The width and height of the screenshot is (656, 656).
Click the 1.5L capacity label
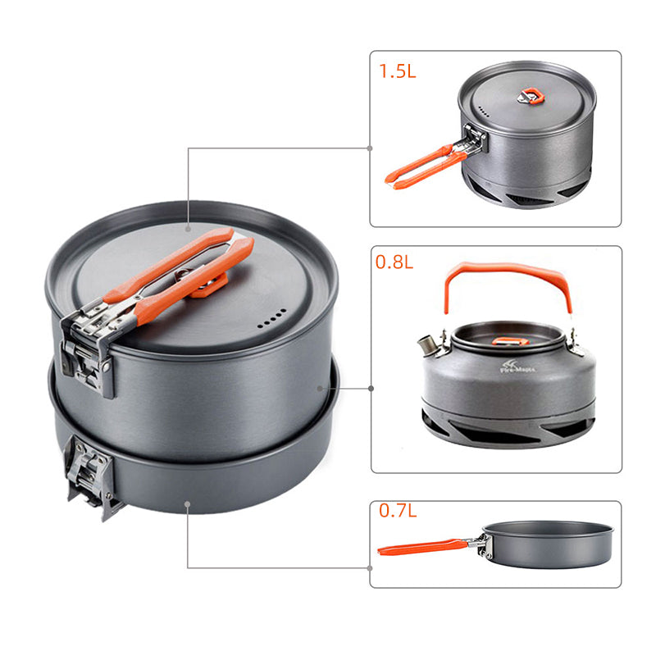pyautogui.click(x=398, y=71)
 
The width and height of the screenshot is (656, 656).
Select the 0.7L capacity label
pyautogui.click(x=397, y=510)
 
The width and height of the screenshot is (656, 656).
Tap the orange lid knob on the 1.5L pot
pyautogui.click(x=531, y=98)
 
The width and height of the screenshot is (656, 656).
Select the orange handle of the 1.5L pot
pyautogui.click(x=422, y=167)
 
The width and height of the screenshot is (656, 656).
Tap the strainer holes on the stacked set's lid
pyautogui.click(x=273, y=317)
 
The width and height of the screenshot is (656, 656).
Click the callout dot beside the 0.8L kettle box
pyautogui.click(x=371, y=388)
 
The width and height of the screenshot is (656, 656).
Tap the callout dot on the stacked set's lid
pyautogui.click(x=188, y=226)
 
